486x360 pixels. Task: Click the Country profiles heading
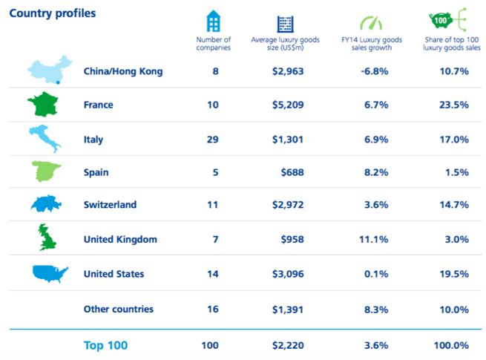tap(53, 13)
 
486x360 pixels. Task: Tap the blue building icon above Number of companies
tap(214, 22)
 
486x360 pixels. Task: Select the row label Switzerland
tap(110, 204)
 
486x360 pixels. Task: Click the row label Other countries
tap(119, 309)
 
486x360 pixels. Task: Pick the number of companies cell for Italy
tap(213, 139)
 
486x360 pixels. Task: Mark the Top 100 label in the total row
tap(105, 345)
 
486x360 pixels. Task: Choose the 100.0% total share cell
tap(451, 345)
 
